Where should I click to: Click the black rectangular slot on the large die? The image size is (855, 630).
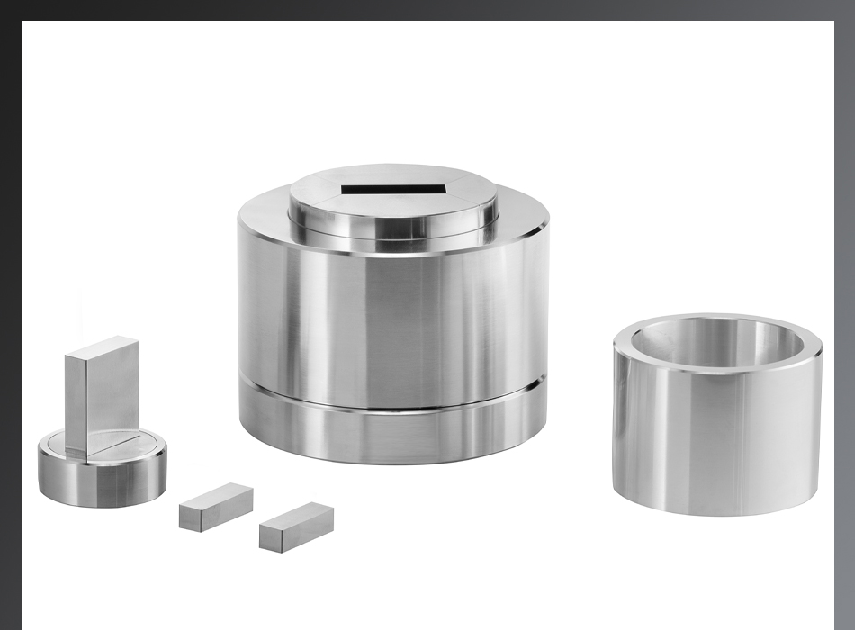(x=394, y=190)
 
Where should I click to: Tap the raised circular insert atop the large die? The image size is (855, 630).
(x=393, y=202)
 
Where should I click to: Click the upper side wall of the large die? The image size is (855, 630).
(x=393, y=315)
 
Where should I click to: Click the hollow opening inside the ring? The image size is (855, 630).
(x=715, y=340)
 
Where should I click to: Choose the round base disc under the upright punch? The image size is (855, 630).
(x=102, y=468)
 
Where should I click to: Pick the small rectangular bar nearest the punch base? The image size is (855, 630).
(x=216, y=506)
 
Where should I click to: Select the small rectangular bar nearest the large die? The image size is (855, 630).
(x=297, y=526)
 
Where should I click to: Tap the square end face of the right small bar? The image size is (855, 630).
(x=272, y=537)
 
